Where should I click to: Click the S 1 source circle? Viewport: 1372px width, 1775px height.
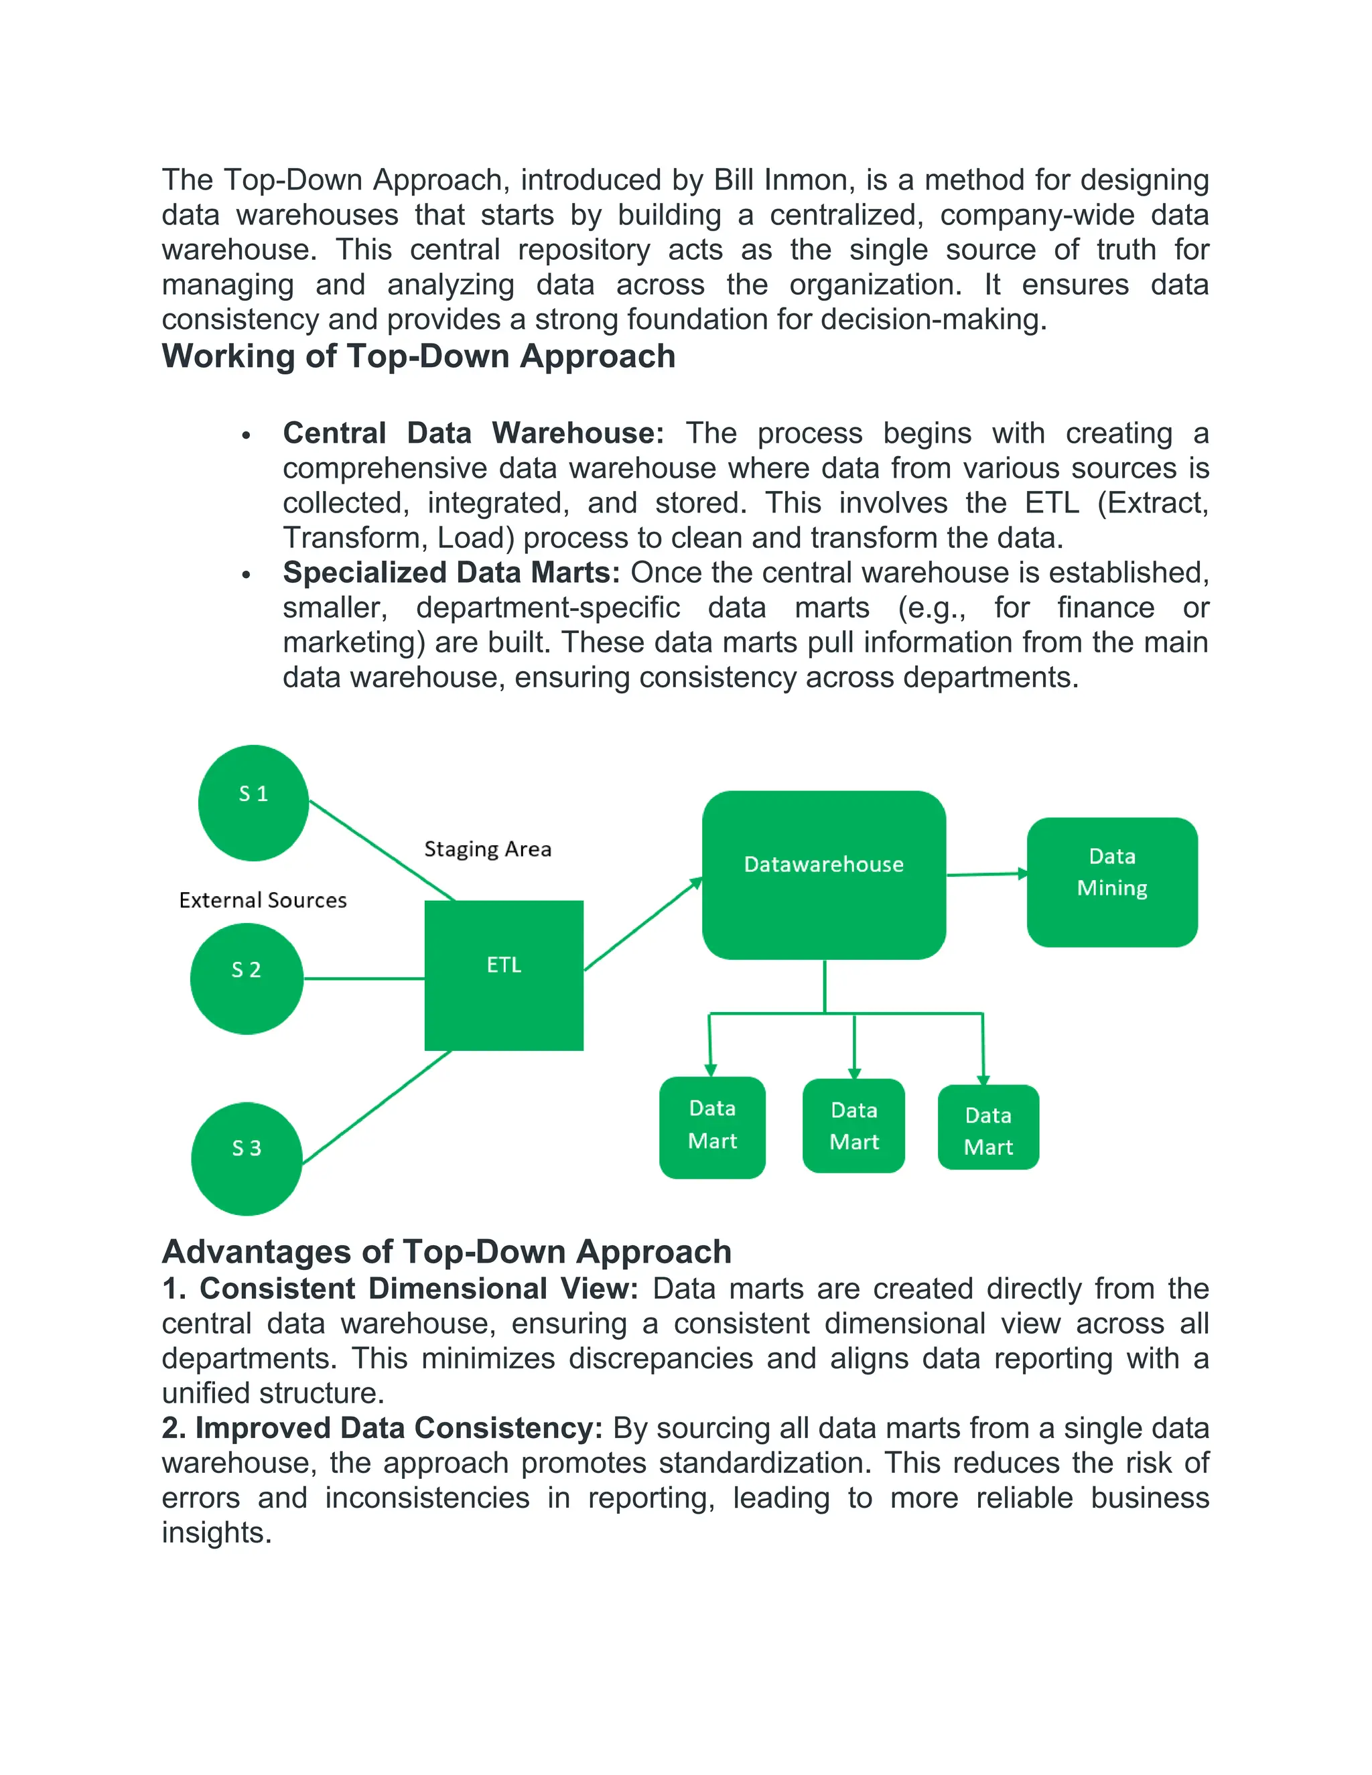click(x=253, y=802)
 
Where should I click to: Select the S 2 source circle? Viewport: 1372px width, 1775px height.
click(x=247, y=978)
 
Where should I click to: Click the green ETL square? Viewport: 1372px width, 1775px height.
click(x=503, y=975)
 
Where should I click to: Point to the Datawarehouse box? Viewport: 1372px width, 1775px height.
click(x=823, y=875)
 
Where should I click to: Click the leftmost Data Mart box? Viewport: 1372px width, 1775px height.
click(x=712, y=1127)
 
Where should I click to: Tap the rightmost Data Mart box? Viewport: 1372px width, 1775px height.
click(x=987, y=1127)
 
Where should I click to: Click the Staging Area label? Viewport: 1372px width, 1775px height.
click(x=488, y=849)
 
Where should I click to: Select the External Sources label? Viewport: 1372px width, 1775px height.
click(x=263, y=900)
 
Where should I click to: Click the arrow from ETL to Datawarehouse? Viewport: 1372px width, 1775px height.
click(x=642, y=924)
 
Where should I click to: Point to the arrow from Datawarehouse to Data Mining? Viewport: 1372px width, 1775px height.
click(x=986, y=875)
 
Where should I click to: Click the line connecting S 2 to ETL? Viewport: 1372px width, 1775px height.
click(x=363, y=978)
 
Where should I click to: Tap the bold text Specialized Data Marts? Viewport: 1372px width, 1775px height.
click(x=451, y=572)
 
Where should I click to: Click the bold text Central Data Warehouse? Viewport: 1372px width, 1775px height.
click(x=472, y=433)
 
